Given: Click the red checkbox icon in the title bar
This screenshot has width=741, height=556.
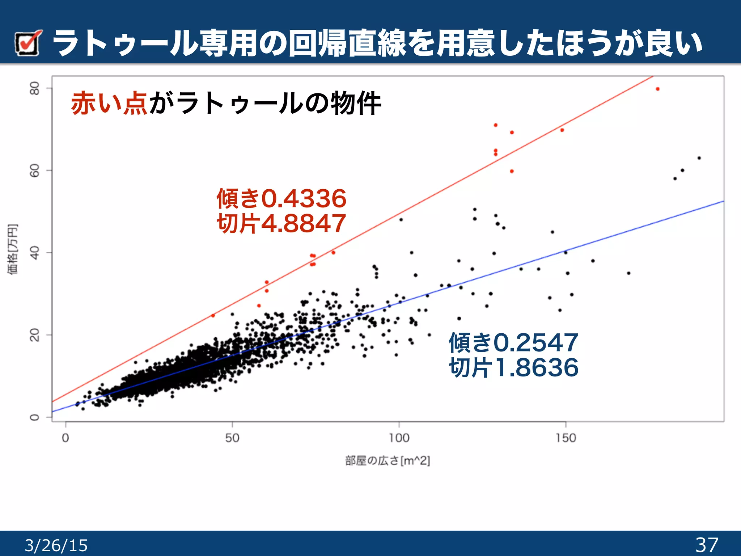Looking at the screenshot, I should [28, 43].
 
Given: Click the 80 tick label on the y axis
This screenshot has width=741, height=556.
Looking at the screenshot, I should [35, 88].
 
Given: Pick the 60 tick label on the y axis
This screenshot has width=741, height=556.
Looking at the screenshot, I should [35, 170].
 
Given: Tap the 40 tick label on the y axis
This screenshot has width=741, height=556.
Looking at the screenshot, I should [35, 253].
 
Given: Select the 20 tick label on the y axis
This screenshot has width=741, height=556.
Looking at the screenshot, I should [35, 335].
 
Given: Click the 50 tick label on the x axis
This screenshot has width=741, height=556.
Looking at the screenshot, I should [232, 438].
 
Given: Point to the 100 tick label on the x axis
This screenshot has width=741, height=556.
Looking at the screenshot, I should [399, 438].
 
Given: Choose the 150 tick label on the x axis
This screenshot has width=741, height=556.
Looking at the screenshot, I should [566, 438].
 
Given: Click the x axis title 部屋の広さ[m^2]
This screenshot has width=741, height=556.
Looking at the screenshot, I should [388, 461].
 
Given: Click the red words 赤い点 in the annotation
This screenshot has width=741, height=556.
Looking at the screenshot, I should [109, 104].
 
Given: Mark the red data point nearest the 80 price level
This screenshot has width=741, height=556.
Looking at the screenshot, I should [657, 89].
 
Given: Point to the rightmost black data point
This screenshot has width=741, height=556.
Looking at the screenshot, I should [699, 158].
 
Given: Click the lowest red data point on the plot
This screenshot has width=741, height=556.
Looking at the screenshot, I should [213, 316].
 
